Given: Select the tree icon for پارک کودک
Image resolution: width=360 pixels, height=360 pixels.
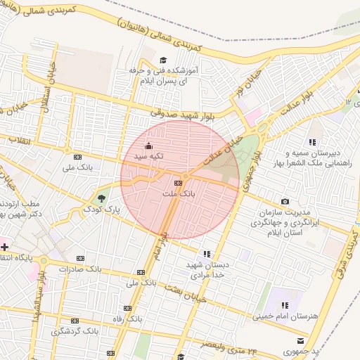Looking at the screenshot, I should (103, 198).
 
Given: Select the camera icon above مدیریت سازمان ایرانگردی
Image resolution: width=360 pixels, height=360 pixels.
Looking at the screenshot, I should (285, 202).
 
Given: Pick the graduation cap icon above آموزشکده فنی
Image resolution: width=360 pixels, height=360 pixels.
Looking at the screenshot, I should (163, 60).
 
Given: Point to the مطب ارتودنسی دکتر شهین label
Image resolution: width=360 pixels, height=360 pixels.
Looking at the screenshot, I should (29, 209).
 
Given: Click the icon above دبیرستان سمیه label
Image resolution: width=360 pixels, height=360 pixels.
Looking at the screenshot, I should (312, 142).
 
